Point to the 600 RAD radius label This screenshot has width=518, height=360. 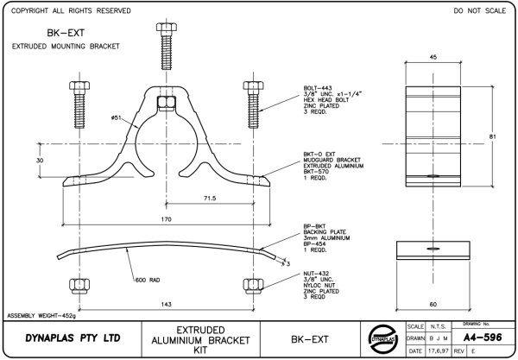tap(148, 279)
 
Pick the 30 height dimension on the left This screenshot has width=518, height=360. tap(39, 161)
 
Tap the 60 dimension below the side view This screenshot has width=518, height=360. tap(431, 304)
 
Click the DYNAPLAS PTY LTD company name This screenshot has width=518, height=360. tap(62, 338)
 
